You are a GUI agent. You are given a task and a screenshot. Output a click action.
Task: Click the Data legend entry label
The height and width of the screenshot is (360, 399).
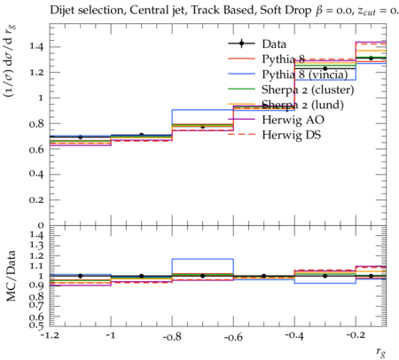(x=274, y=44)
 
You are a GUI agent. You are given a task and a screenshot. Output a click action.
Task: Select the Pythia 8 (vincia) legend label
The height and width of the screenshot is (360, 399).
(x=305, y=74)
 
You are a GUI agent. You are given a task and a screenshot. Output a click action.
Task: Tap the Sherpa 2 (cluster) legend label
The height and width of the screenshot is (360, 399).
(x=308, y=90)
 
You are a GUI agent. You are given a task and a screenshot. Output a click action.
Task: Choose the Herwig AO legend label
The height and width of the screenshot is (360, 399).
(x=293, y=120)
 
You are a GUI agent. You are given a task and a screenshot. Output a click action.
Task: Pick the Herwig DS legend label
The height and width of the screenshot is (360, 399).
(x=292, y=135)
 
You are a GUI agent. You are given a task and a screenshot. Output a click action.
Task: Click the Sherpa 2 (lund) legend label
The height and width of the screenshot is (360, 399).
(x=302, y=105)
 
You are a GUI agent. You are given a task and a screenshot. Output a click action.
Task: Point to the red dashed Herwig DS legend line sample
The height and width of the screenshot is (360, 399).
(x=241, y=134)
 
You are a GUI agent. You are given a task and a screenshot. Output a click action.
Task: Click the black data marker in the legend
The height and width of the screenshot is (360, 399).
(x=241, y=43)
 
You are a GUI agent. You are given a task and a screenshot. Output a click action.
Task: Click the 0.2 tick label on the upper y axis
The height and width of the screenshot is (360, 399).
(x=35, y=200)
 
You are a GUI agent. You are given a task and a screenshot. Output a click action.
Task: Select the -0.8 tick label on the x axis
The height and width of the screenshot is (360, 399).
(x=172, y=336)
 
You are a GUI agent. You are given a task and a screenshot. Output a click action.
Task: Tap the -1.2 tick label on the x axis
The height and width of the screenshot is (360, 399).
(x=50, y=336)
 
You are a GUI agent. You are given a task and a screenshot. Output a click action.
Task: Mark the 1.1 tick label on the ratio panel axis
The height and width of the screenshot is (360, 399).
(x=36, y=266)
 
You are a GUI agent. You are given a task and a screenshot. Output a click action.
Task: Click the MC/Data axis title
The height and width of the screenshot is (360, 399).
(x=11, y=276)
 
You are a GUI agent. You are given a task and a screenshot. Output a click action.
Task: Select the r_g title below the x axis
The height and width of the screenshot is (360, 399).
(x=381, y=351)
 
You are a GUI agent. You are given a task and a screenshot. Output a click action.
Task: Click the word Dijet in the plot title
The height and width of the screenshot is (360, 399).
(x=62, y=11)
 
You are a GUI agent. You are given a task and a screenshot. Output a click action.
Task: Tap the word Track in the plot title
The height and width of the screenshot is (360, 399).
(x=204, y=10)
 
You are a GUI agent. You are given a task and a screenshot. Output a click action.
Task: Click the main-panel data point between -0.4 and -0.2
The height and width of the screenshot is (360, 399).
(x=325, y=68)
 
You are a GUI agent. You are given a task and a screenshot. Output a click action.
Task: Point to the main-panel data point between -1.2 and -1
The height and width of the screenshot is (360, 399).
(x=80, y=137)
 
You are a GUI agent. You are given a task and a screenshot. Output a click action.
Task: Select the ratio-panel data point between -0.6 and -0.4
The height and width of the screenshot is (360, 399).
(x=263, y=276)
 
